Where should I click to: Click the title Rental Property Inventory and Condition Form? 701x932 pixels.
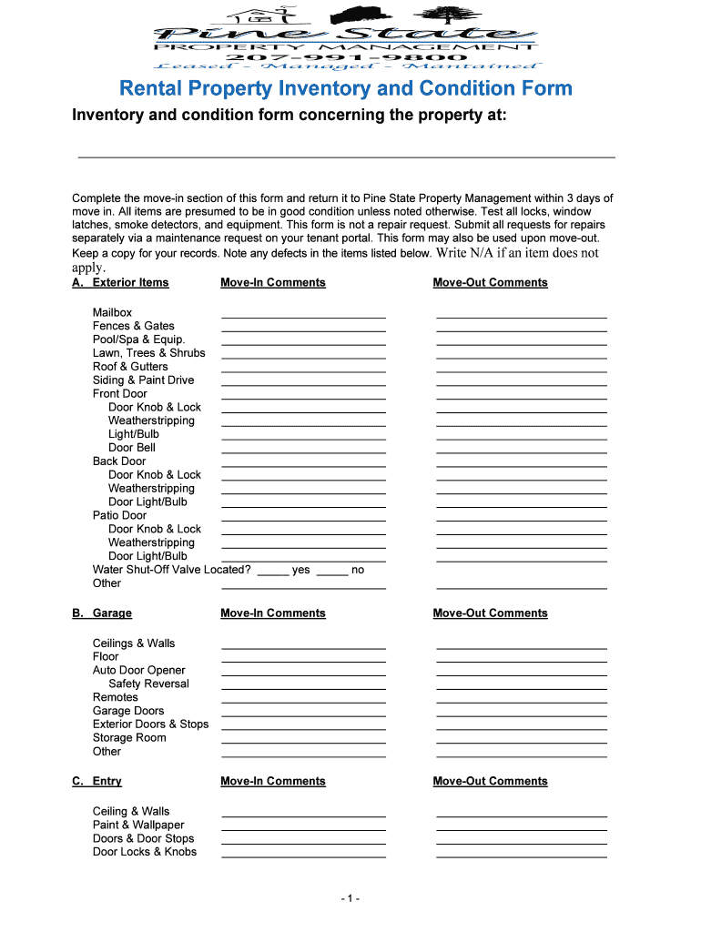(347, 88)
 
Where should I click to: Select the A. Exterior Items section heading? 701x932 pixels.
(121, 283)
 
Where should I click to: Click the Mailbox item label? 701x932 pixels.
(112, 312)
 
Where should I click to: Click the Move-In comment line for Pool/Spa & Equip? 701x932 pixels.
(303, 342)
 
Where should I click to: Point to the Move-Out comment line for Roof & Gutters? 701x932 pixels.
(521, 370)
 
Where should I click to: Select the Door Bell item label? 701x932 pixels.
(132, 448)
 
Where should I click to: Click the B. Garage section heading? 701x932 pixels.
(102, 613)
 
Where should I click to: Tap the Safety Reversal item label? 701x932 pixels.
(148, 684)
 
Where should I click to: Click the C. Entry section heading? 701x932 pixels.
(97, 782)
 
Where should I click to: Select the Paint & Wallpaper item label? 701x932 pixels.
(138, 825)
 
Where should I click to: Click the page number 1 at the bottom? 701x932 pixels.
(350, 899)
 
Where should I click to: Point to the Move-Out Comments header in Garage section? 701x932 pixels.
(490, 613)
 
